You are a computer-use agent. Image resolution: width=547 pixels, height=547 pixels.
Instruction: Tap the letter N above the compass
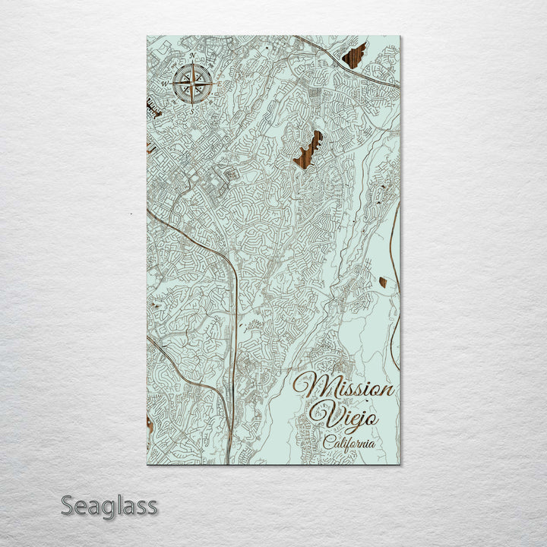(x=192, y=56)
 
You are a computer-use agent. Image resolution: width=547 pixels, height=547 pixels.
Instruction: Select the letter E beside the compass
(x=219, y=84)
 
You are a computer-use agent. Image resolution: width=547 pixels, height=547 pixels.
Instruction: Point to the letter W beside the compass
(x=165, y=84)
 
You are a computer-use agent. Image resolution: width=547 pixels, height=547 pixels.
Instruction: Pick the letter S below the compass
(x=191, y=110)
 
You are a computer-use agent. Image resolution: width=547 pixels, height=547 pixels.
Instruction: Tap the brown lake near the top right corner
(x=354, y=55)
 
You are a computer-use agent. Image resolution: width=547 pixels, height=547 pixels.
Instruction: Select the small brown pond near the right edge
(x=382, y=282)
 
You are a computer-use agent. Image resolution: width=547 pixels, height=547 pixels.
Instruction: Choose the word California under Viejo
(x=349, y=442)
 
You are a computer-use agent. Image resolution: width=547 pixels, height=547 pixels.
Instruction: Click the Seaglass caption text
(x=109, y=505)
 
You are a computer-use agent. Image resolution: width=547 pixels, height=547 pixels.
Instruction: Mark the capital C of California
(x=327, y=441)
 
